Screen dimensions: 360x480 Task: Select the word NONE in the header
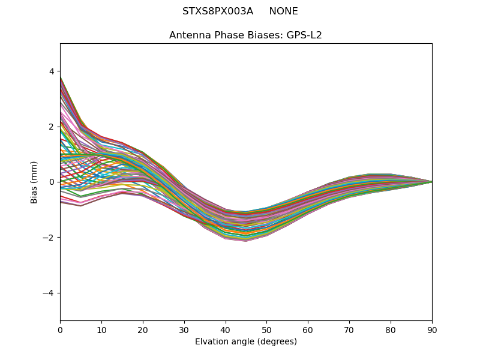point(283,11)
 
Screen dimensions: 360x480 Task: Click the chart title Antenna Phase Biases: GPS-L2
point(245,35)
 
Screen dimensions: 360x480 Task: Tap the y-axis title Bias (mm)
point(34,182)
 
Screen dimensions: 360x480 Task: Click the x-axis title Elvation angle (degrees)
point(245,341)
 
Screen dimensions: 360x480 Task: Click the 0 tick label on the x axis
point(60,329)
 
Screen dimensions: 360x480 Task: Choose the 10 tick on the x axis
point(101,329)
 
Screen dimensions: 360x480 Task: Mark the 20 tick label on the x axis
point(143,329)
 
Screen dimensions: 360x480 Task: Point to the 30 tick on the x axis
point(184,329)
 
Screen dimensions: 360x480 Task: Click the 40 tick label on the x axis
point(226,329)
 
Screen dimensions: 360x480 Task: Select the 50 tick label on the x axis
point(266,329)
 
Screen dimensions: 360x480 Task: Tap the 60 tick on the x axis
point(308,329)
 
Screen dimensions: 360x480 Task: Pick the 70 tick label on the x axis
point(349,329)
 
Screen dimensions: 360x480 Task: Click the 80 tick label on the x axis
point(391,329)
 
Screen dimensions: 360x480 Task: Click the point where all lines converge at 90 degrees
point(431,182)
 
